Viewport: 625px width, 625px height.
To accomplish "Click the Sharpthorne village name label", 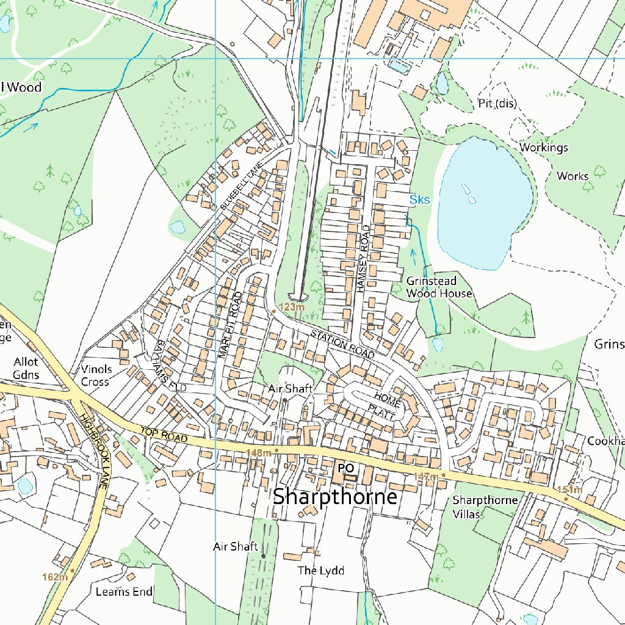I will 335,496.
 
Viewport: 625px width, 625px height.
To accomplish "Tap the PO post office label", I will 345,468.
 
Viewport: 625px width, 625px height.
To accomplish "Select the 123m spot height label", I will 291,307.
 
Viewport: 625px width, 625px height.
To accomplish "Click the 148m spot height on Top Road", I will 258,452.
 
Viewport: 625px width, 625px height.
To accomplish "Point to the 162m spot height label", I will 55,577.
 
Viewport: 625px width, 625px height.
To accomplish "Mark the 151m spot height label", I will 569,490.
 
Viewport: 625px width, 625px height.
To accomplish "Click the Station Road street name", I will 342,344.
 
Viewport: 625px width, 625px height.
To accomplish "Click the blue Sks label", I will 419,200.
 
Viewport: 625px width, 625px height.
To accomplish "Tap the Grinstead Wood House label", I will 439,287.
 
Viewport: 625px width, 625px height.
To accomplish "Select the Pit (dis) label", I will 497,104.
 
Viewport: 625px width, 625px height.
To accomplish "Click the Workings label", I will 543,147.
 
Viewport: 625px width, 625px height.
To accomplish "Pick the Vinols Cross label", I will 96,375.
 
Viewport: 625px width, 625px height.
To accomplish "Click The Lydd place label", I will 320,571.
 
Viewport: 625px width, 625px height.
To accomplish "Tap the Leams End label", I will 124,591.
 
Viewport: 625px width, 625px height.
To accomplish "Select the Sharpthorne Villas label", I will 485,507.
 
